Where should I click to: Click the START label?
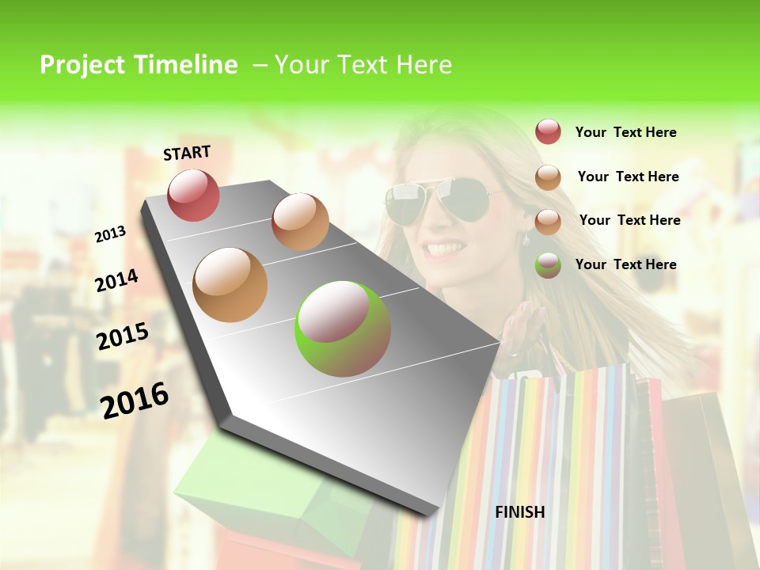(x=187, y=153)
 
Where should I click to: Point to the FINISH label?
(x=519, y=512)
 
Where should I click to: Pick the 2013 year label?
(x=110, y=234)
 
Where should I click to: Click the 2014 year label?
(x=116, y=280)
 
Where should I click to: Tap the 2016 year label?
(x=135, y=400)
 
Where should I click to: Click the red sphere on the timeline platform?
(x=193, y=195)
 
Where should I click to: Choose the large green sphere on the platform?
(x=343, y=329)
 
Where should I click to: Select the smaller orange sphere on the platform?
(x=300, y=222)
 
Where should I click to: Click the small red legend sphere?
(x=548, y=132)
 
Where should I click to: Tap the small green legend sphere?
(x=548, y=264)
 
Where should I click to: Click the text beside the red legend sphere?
(x=625, y=132)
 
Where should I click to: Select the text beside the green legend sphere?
(x=625, y=264)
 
